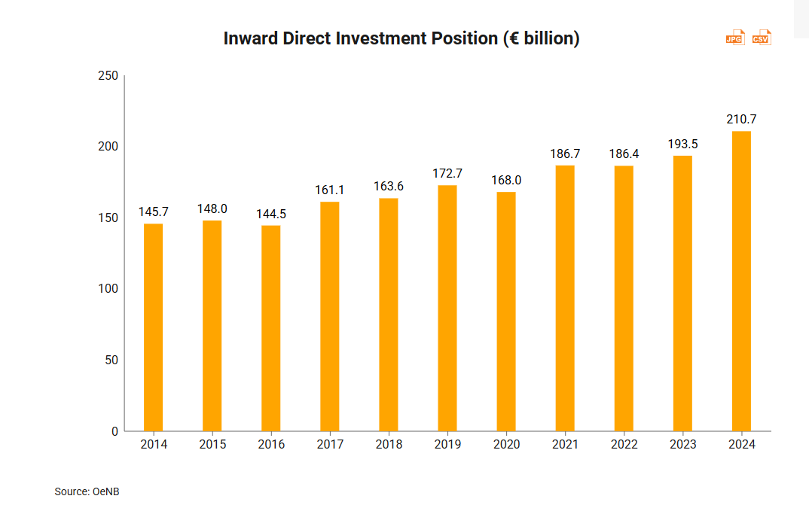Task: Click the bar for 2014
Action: (x=153, y=327)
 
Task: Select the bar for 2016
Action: (x=271, y=328)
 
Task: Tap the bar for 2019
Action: (x=447, y=308)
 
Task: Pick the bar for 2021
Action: (x=565, y=298)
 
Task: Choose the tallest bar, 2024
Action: (x=741, y=281)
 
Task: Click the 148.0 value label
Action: (x=212, y=208)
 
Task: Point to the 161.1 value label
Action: (x=330, y=190)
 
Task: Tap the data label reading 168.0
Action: (x=506, y=181)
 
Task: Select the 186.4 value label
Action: (x=624, y=154)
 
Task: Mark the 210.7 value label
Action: (x=741, y=120)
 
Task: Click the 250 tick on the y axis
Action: (x=108, y=75)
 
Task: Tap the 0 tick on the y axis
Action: (x=114, y=431)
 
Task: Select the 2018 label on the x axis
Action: (x=389, y=445)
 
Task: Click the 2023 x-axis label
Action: (x=682, y=445)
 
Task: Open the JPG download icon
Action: (x=734, y=38)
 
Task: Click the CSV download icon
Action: (x=762, y=38)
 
